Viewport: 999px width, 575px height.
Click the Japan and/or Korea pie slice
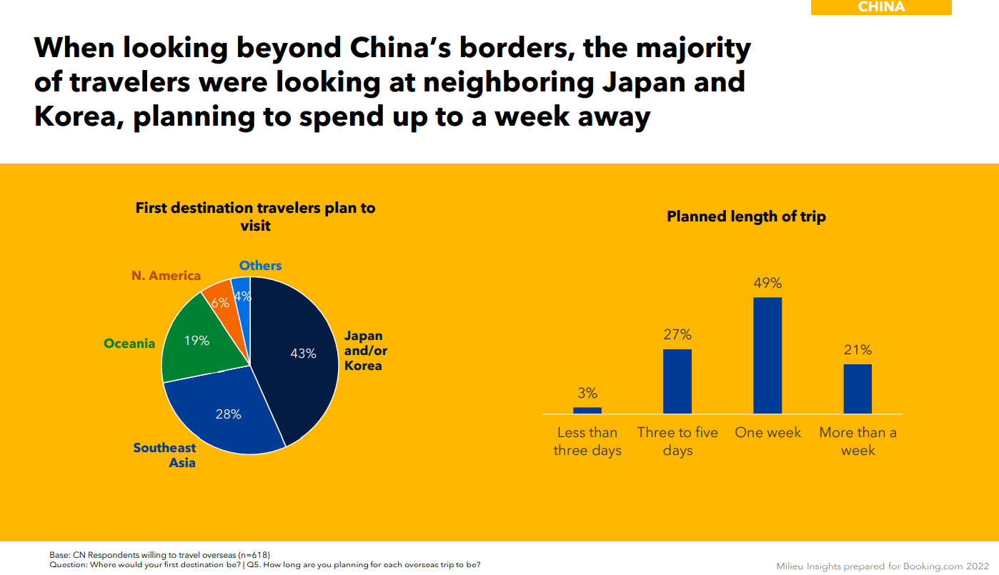pyautogui.click(x=300, y=364)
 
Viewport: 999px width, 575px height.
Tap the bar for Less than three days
pyautogui.click(x=587, y=410)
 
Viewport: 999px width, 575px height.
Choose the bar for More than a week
pyautogui.click(x=858, y=389)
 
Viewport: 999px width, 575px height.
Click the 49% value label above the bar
pyautogui.click(x=767, y=284)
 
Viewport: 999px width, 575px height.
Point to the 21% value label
pyautogui.click(x=858, y=350)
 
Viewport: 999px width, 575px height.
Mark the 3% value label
pyautogui.click(x=587, y=394)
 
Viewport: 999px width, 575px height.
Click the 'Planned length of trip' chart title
pyautogui.click(x=746, y=216)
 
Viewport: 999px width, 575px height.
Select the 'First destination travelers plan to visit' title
pyautogui.click(x=255, y=216)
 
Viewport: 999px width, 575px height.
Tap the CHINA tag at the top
pyautogui.click(x=880, y=7)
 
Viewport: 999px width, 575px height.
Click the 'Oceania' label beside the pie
pyautogui.click(x=129, y=344)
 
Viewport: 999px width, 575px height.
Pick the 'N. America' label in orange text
pyautogui.click(x=166, y=276)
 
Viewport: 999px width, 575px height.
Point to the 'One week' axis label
pyautogui.click(x=767, y=433)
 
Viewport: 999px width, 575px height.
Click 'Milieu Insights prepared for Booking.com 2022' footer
pyautogui.click(x=883, y=566)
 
